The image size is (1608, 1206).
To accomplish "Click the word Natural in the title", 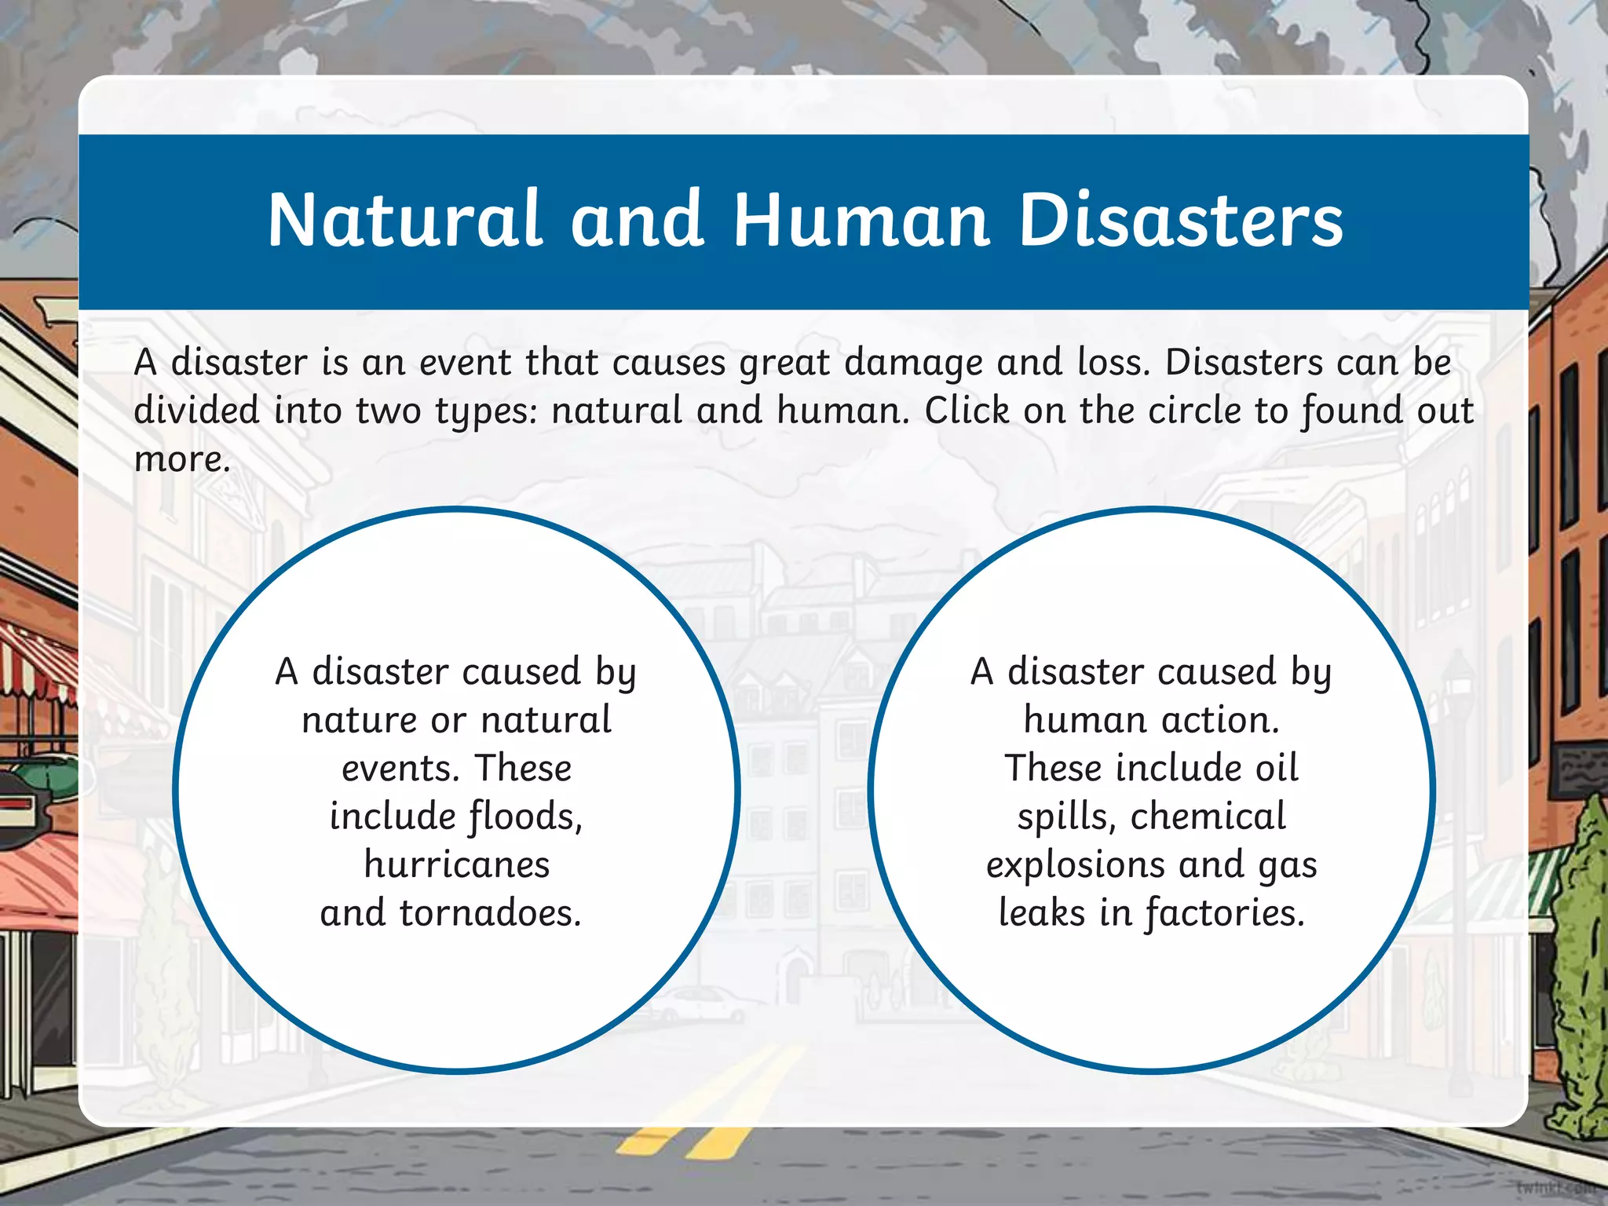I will tap(404, 220).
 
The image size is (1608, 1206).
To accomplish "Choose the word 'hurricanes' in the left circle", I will tap(457, 865).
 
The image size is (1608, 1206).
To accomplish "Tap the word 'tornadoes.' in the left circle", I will tap(491, 913).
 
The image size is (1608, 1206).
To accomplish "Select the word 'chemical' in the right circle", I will tap(1208, 817).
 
